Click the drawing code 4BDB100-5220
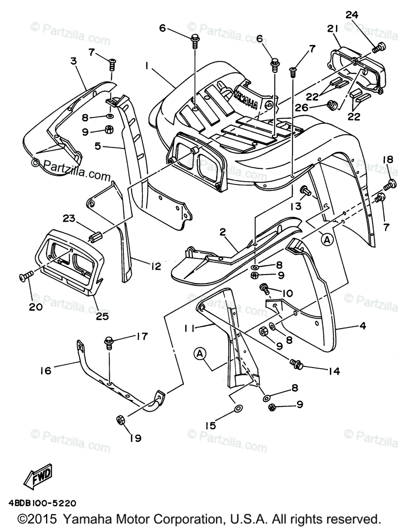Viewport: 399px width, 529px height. coord(42,503)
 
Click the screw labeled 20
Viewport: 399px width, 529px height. coord(26,276)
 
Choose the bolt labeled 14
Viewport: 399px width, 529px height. coord(296,364)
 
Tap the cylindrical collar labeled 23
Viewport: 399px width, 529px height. coord(97,237)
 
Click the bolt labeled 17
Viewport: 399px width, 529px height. coord(109,343)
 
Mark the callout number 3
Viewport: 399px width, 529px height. coord(73,61)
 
